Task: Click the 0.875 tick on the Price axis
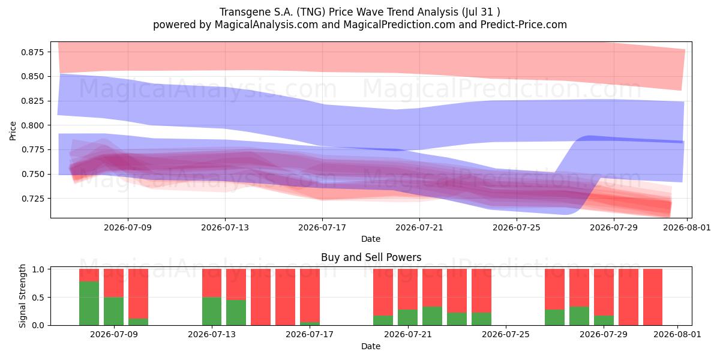pyautogui.click(x=32, y=52)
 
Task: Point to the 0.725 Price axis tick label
pyautogui.click(x=32, y=199)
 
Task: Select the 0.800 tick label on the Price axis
pyautogui.click(x=32, y=125)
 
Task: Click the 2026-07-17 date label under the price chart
pyautogui.click(x=322, y=227)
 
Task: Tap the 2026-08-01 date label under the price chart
pyautogui.click(x=687, y=227)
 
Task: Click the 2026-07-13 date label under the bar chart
pyautogui.click(x=211, y=334)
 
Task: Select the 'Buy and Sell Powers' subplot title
pyautogui.click(x=371, y=257)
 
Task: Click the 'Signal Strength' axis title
pyautogui.click(x=22, y=296)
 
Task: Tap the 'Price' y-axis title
pyautogui.click(x=13, y=131)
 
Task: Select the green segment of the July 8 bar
pyautogui.click(x=89, y=303)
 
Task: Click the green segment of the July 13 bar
pyautogui.click(x=212, y=311)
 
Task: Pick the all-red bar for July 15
pyautogui.click(x=260, y=297)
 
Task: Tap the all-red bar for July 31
pyautogui.click(x=653, y=297)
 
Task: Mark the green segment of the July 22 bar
pyautogui.click(x=433, y=316)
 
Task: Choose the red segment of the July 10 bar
pyautogui.click(x=138, y=293)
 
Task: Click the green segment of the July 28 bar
pyautogui.click(x=579, y=316)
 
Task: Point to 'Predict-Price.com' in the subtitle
pyautogui.click(x=524, y=25)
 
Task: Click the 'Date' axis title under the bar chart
pyautogui.click(x=371, y=346)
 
